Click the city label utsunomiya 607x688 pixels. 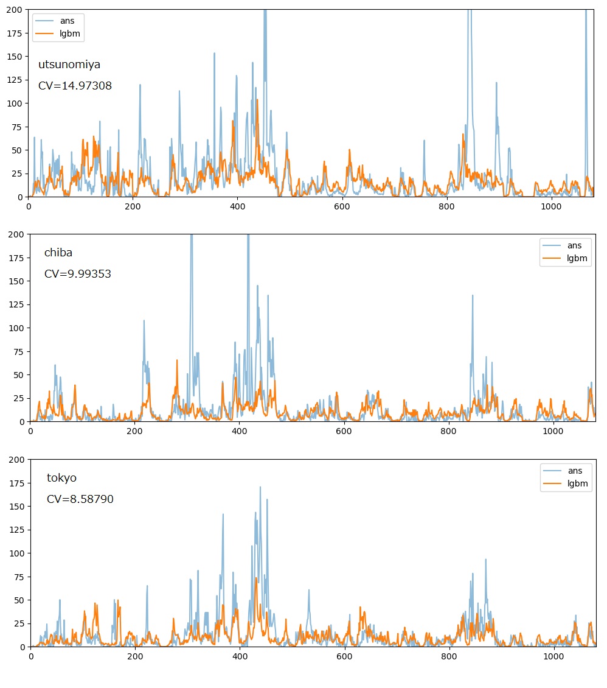(x=69, y=65)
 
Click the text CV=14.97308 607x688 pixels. (x=75, y=86)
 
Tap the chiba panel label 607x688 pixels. (x=58, y=253)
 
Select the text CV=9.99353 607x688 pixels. (x=77, y=274)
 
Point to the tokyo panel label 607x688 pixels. (x=61, y=478)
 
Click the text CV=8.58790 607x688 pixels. (x=80, y=499)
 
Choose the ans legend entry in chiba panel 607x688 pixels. (x=565, y=246)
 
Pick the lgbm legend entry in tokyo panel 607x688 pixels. (x=566, y=483)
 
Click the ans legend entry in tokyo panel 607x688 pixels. (x=566, y=471)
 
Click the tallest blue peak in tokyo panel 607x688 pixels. (x=260, y=487)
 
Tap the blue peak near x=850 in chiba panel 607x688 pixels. (x=473, y=296)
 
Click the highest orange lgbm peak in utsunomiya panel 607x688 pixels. (x=257, y=100)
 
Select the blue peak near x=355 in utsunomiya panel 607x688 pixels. (x=214, y=54)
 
